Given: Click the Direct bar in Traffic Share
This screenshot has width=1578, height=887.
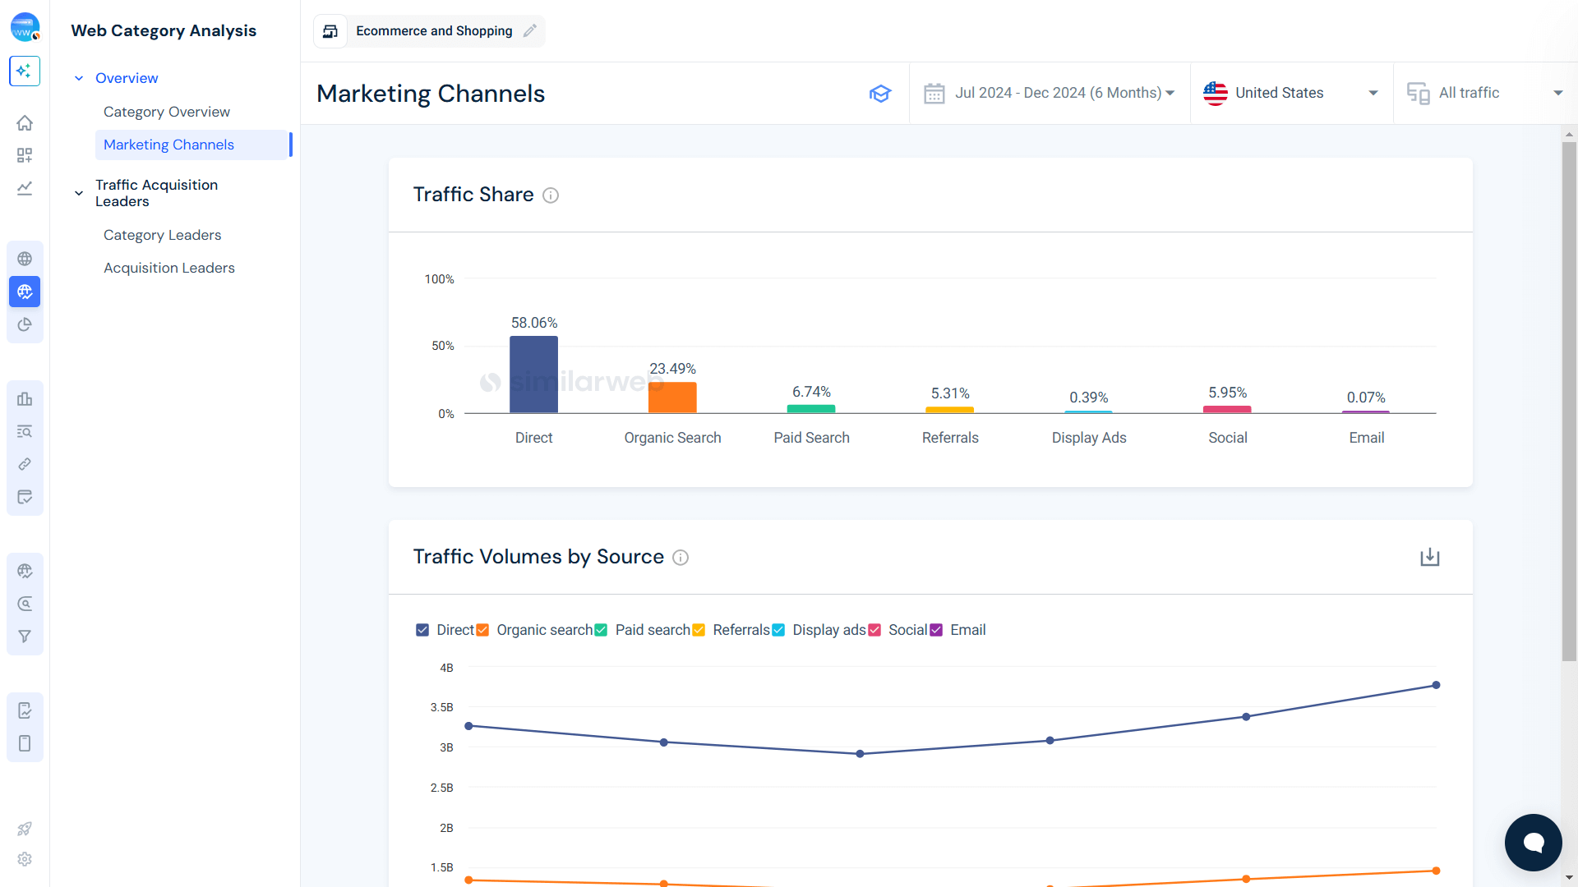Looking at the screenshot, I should tap(533, 375).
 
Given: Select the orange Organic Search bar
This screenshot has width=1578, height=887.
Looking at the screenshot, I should tap(672, 398).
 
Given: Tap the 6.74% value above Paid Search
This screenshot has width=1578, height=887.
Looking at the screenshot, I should tap(811, 392).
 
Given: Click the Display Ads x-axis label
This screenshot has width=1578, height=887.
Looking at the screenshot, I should tap(1089, 438).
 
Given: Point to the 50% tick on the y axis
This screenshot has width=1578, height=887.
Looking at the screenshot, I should tap(443, 346).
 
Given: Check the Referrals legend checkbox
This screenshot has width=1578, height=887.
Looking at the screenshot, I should tap(699, 630).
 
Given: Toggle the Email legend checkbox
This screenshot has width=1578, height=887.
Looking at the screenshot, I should tap(936, 630).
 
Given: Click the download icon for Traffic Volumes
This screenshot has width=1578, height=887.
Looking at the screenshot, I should tap(1430, 557).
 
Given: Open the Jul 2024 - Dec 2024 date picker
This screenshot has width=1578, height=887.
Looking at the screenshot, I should tap(1050, 93).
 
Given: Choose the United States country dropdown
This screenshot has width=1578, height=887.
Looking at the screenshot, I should tap(1290, 93).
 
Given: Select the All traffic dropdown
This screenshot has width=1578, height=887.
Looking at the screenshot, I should tap(1484, 93).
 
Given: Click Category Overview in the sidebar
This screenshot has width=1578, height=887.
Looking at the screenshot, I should tap(167, 112).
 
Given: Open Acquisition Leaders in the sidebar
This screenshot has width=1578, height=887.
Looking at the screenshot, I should tap(169, 268).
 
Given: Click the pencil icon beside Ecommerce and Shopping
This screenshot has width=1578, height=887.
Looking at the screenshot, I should tap(530, 31).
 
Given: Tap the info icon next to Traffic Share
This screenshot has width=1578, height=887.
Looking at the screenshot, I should tap(551, 195).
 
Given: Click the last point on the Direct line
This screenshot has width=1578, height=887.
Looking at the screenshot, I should tap(1436, 685).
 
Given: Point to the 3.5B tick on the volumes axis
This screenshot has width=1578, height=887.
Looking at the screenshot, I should tap(442, 707).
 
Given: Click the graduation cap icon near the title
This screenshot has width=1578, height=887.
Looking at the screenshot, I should tap(880, 94).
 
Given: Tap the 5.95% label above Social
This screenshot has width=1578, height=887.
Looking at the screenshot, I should tap(1227, 393).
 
